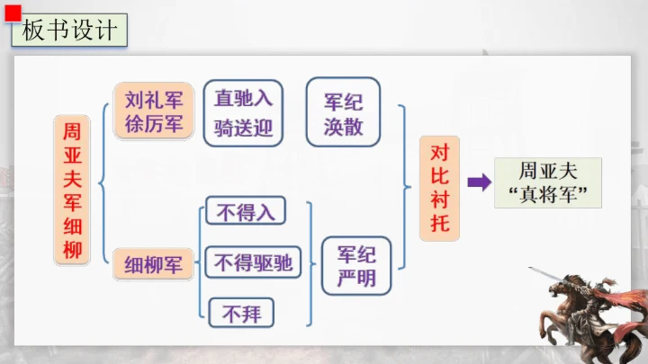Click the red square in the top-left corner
pos(13,13)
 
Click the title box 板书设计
pos(69,31)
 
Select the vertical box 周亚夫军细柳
pos(72,191)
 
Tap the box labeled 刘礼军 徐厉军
pos(154,111)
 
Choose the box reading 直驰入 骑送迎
pos(243,113)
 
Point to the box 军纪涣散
pos(343,111)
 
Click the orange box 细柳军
pos(153,264)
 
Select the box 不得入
pos(246,211)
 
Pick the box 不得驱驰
pos(253,262)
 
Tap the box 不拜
pos(241,313)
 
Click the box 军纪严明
pos(356,266)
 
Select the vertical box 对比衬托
pos(440,188)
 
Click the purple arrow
pos(480,182)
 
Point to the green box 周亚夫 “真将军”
pos(548,182)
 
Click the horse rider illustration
pos(589,315)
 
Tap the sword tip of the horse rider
pos(529,268)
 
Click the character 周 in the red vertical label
pos(72,131)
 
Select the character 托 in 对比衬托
pos(440,223)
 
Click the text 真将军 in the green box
pos(548,194)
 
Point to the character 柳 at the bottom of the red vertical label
pos(72,250)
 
